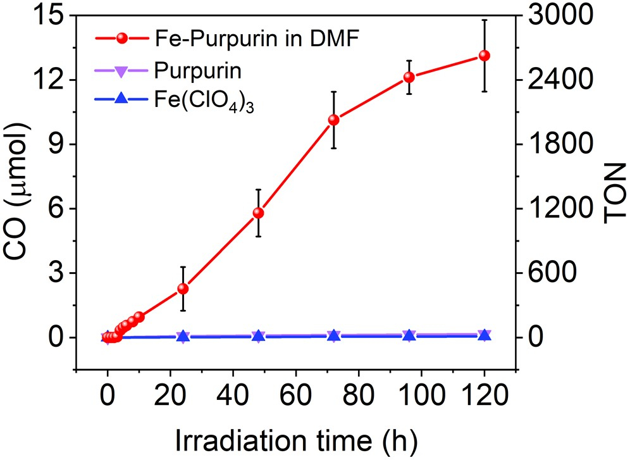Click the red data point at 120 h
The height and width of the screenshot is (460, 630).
(485, 56)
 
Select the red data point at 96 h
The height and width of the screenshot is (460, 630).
(409, 77)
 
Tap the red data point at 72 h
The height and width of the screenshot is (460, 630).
(334, 120)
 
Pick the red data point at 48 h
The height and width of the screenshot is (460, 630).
(258, 213)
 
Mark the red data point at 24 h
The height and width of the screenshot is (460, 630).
(183, 289)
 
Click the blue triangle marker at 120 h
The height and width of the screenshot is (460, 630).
(485, 335)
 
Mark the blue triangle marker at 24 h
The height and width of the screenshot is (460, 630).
(183, 337)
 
